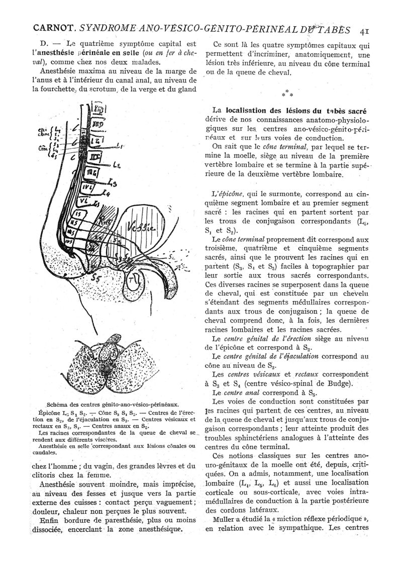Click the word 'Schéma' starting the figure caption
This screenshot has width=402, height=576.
pyautogui.click(x=56, y=403)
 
